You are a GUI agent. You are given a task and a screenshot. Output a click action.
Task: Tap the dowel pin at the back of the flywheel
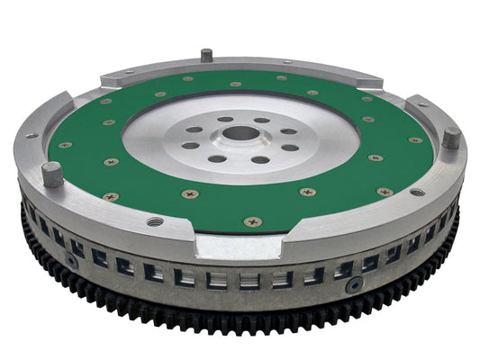[206, 55]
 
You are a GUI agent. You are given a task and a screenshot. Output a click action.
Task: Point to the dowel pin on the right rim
[450, 138]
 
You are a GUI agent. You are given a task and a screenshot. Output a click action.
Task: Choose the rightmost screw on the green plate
[415, 140]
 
